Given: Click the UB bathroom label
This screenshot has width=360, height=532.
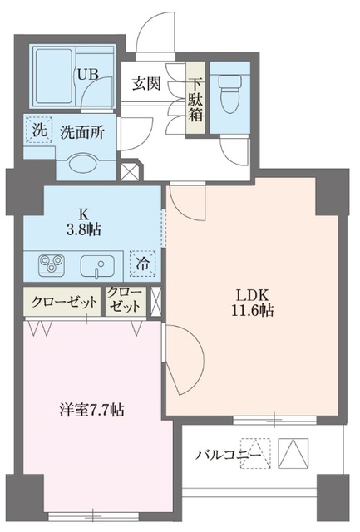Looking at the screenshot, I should [x=88, y=74].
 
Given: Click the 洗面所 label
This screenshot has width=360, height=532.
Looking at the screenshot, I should [x=81, y=132].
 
